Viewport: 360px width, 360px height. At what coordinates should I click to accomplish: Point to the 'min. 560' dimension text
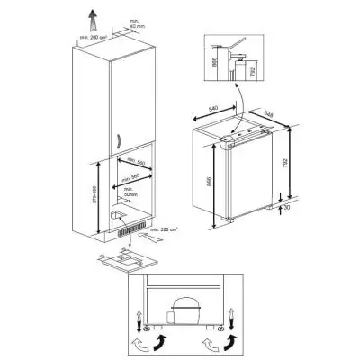(x=135, y=165)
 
